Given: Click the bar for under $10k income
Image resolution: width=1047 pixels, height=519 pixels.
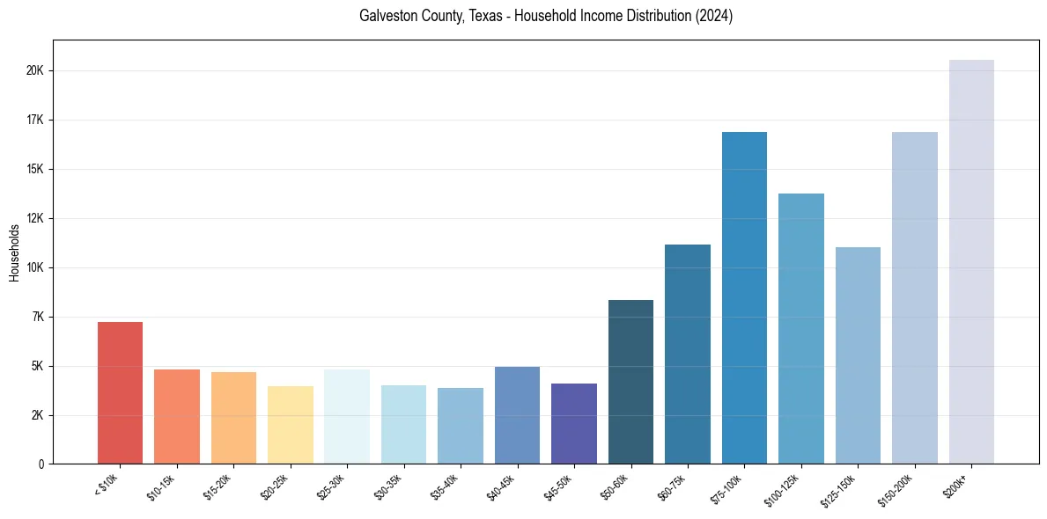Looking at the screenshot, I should click(x=120, y=392).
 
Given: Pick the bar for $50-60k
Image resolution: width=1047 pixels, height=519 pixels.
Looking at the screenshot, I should click(x=630, y=382).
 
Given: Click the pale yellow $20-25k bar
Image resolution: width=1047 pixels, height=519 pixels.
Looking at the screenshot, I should click(x=290, y=425).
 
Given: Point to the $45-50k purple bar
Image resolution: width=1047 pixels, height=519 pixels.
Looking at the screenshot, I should click(x=574, y=423).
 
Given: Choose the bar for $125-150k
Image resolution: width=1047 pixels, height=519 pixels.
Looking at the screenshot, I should click(x=858, y=355).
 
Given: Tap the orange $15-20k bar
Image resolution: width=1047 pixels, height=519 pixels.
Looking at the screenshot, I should click(x=233, y=418).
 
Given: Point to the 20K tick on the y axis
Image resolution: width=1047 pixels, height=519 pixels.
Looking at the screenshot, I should click(x=36, y=70).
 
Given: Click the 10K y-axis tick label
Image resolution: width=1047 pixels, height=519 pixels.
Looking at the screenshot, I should click(x=36, y=267).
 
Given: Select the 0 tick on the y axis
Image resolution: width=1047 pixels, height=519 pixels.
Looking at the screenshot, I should click(x=41, y=464).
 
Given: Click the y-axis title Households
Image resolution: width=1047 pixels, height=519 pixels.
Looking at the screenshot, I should click(x=15, y=252).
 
